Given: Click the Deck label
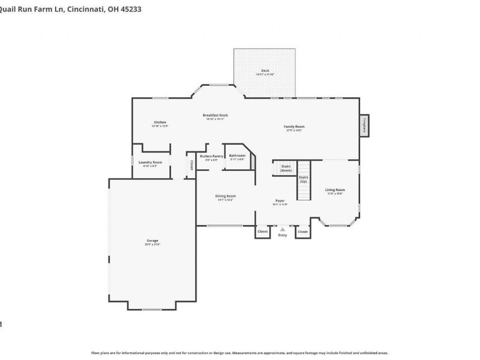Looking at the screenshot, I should [x=265, y=71].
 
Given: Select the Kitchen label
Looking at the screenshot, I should [x=160, y=122].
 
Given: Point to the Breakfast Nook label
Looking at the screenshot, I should [x=215, y=115].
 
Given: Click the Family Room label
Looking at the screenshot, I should [x=294, y=127].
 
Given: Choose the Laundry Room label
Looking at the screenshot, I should [x=150, y=163].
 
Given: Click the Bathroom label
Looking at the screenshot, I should [x=237, y=156].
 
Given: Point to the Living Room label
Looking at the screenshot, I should [x=335, y=190].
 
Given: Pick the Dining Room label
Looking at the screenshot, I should [x=226, y=196].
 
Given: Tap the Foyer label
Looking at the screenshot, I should [x=280, y=200].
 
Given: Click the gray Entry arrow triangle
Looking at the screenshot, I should [x=283, y=229].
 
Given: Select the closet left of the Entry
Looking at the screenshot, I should [x=262, y=232].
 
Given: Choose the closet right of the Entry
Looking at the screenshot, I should [x=302, y=232].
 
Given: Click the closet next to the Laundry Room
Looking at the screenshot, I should [x=191, y=164].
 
